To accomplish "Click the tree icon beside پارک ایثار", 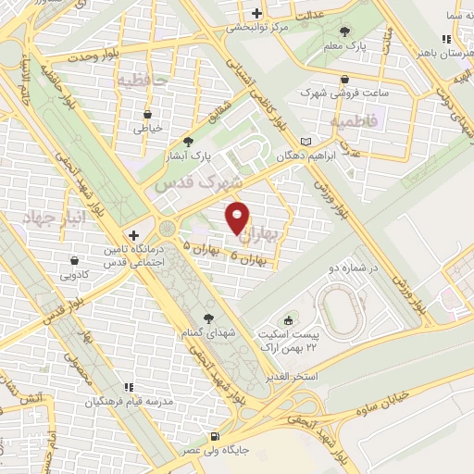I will pyautogui.click(x=189, y=142).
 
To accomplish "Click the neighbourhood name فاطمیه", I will pyautogui.click(x=351, y=121).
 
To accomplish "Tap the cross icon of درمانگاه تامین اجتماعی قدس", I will pyautogui.click(x=135, y=235).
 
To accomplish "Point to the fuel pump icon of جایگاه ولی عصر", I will pyautogui.click(x=215, y=437).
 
